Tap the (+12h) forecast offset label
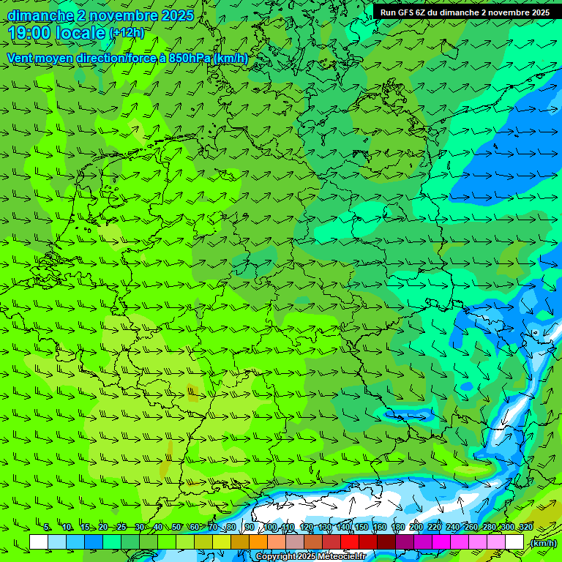[127, 33]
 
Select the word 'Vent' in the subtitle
[20, 59]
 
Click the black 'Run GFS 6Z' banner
[465, 12]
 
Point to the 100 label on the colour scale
[270, 528]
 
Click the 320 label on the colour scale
[525, 528]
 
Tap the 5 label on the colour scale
[47, 528]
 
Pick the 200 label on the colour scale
[416, 528]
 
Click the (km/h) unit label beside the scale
[544, 543]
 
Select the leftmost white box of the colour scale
[39, 542]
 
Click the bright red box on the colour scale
[350, 542]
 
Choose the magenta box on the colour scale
[441, 542]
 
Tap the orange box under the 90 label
[258, 542]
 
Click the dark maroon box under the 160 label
[386, 542]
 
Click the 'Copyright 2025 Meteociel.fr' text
[310, 557]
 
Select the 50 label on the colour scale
[176, 528]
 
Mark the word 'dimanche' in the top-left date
[41, 15]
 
